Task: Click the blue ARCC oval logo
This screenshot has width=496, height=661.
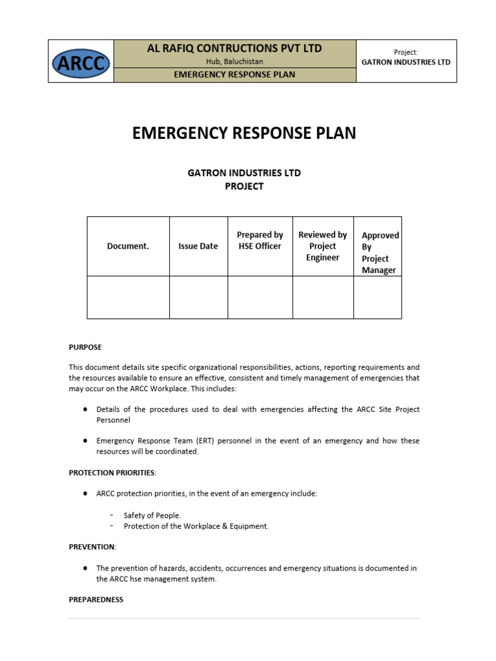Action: pos(81,63)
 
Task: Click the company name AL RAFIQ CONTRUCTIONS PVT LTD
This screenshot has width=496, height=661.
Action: pos(234,48)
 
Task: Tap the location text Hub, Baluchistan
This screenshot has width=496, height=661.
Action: pos(234,62)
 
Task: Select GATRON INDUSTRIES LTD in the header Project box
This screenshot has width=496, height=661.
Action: pos(406,63)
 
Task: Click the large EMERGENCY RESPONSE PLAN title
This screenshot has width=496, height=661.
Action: pos(244,133)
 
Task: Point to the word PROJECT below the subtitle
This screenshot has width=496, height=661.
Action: pos(244,187)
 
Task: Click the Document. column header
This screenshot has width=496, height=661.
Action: pos(128,246)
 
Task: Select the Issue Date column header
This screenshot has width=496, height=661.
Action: pos(198,246)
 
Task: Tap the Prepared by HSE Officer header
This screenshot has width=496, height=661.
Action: pos(260,240)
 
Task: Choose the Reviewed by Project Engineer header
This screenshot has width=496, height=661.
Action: pos(322,246)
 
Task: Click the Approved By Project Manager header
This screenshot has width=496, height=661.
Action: pos(379,252)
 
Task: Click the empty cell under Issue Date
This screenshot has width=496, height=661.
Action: pos(198,297)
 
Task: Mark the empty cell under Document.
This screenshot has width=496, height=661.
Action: pos(128,297)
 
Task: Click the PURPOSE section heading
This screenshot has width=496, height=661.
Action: pos(85,347)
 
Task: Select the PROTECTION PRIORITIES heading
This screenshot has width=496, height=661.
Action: pos(112,473)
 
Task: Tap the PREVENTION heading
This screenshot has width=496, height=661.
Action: pos(92,547)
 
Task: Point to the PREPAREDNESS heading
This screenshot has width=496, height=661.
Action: pos(96,600)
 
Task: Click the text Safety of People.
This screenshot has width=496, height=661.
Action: pos(152,515)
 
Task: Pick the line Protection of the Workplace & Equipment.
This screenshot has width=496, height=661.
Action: pos(196,526)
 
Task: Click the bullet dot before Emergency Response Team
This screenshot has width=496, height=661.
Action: pos(85,441)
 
